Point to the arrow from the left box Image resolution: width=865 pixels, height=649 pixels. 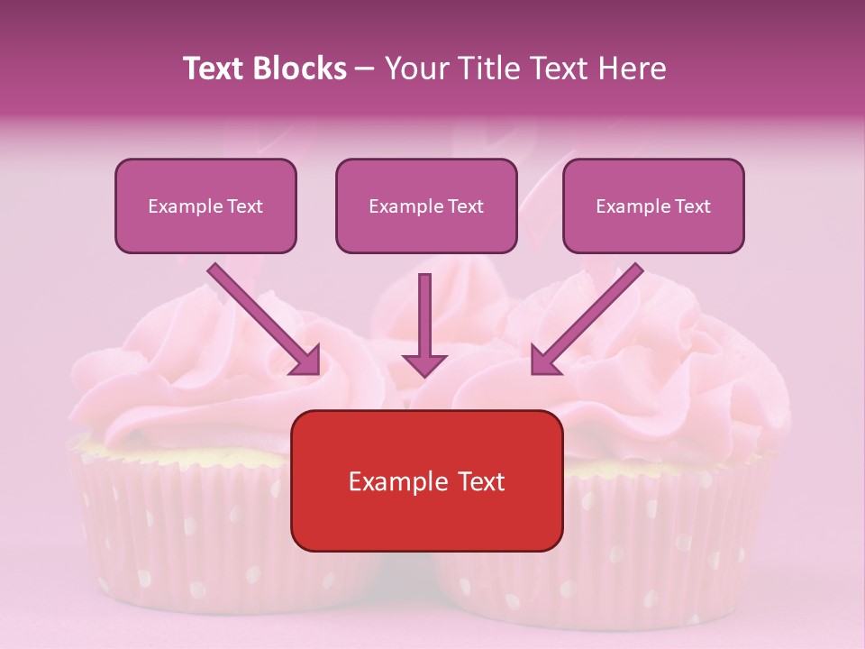pos(261,317)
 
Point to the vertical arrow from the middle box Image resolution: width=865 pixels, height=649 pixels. pos(424,315)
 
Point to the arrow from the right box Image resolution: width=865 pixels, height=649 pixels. pos(590,317)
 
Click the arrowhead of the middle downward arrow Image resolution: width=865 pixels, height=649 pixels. pos(424,364)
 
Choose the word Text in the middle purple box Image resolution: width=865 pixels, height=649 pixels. pos(464,206)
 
